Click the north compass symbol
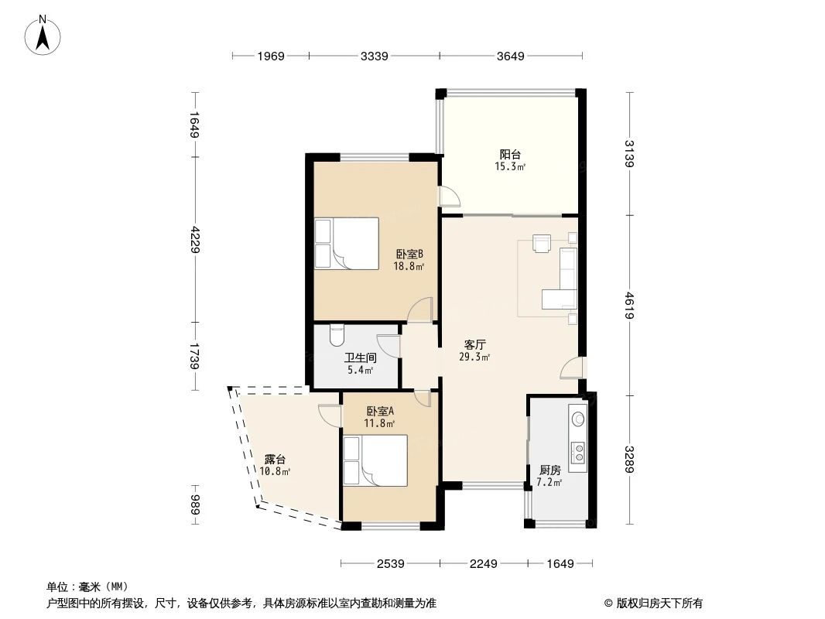point(44,34)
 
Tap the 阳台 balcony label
point(510,154)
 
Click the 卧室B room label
point(409,254)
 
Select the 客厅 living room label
point(475,344)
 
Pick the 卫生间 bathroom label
point(360,358)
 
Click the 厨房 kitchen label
point(549,470)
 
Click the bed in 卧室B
point(347,242)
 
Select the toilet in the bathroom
point(337,335)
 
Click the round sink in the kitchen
point(578,419)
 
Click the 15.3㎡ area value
point(510,166)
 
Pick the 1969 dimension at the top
point(271,56)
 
